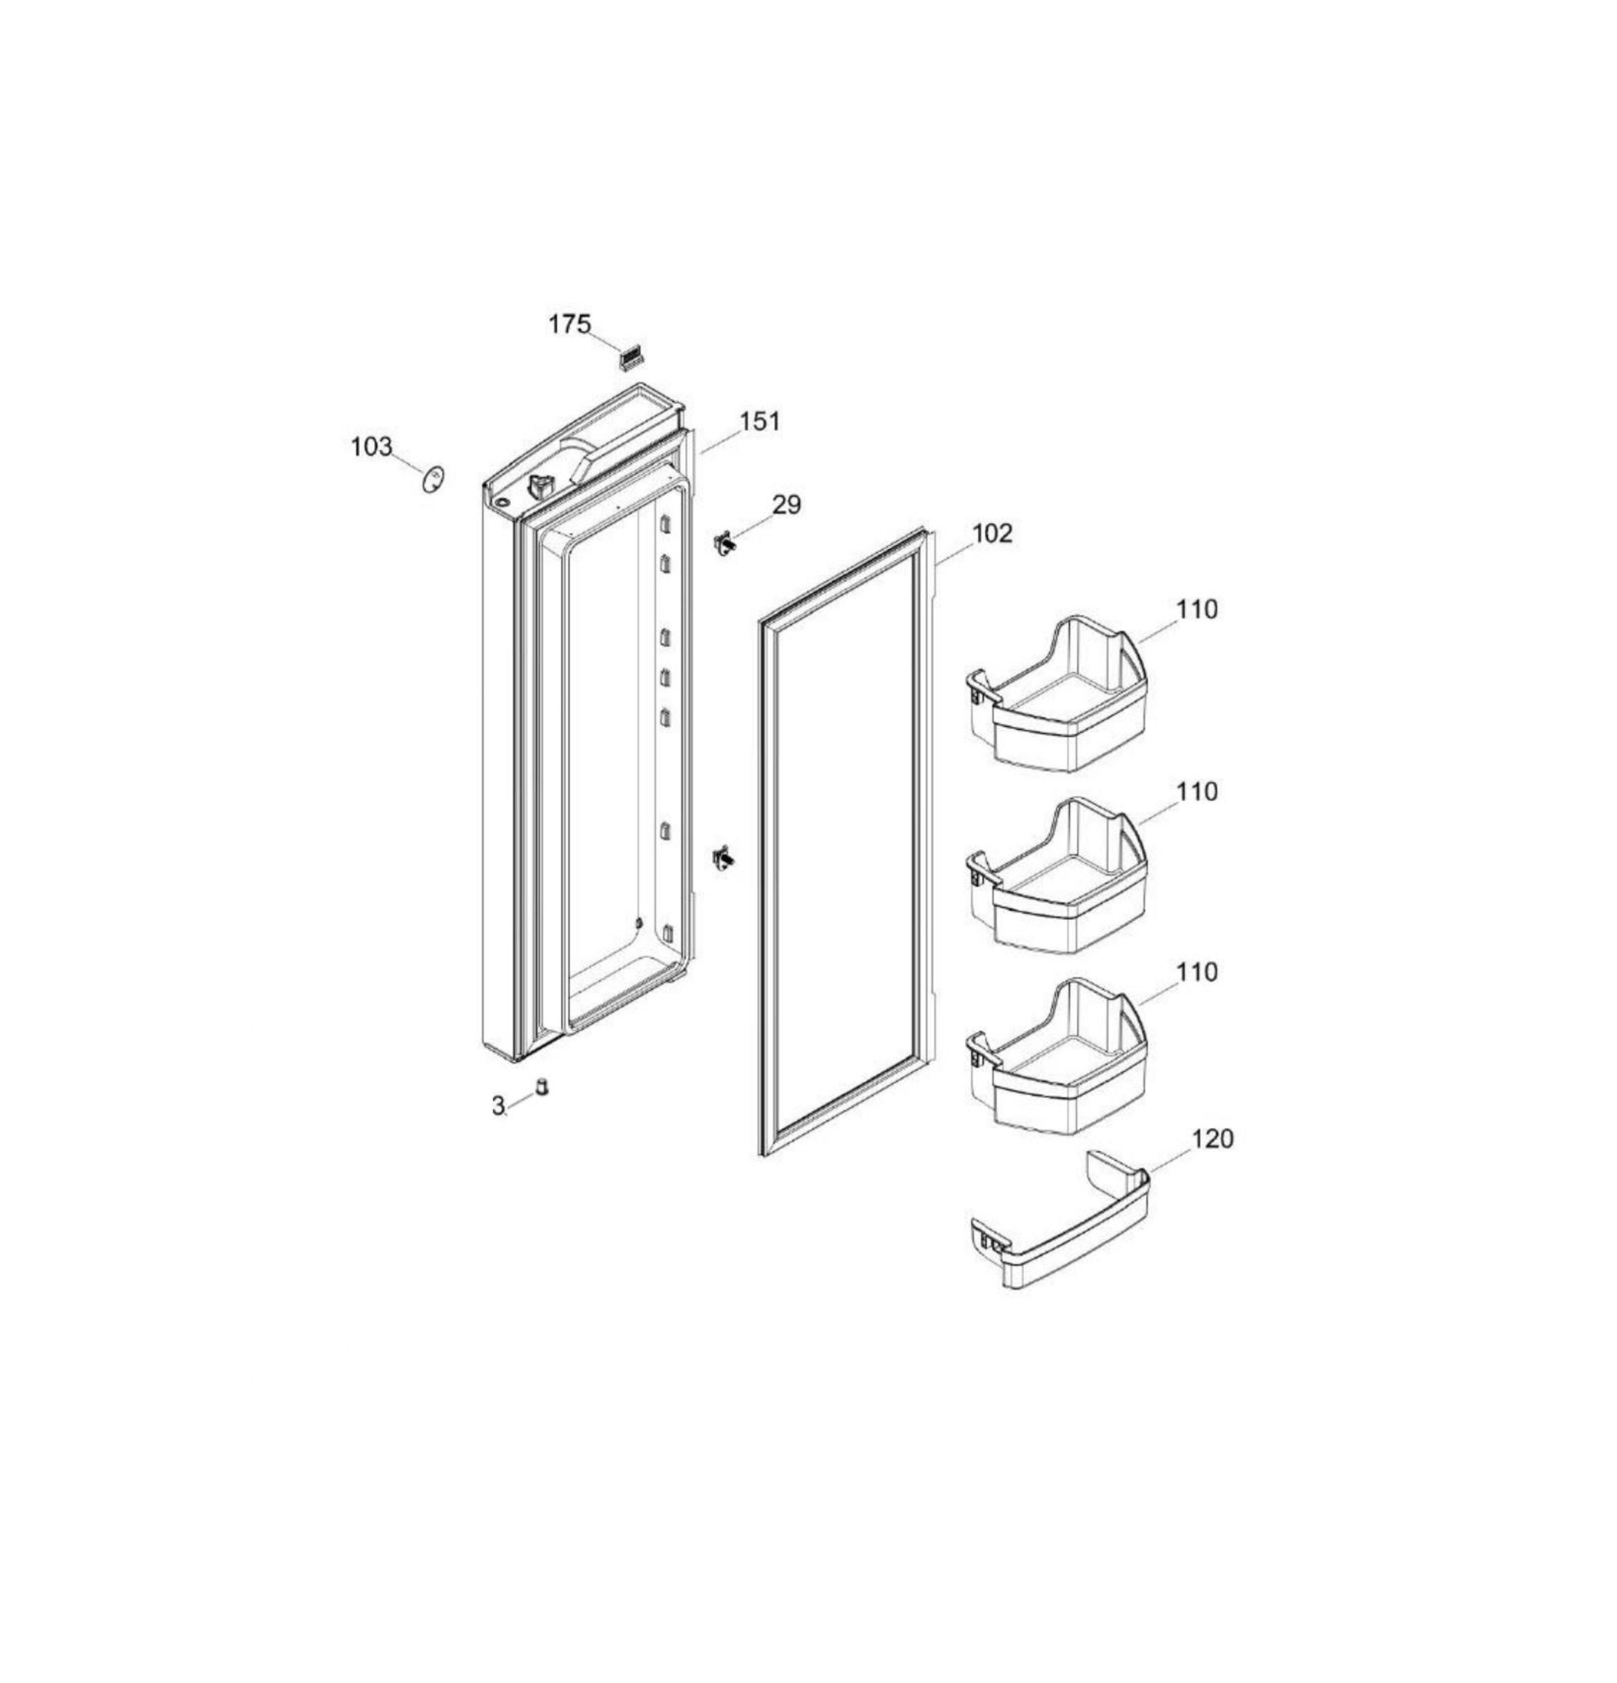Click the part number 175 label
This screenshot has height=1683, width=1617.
[570, 325]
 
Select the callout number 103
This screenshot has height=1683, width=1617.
[372, 447]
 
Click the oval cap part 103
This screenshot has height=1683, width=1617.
[434, 479]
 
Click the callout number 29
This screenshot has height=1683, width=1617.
[786, 505]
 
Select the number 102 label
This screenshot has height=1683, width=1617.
[992, 533]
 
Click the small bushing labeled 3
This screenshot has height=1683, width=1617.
[542, 1086]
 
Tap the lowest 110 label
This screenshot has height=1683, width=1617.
[1197, 972]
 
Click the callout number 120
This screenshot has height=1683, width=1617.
[1212, 1139]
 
